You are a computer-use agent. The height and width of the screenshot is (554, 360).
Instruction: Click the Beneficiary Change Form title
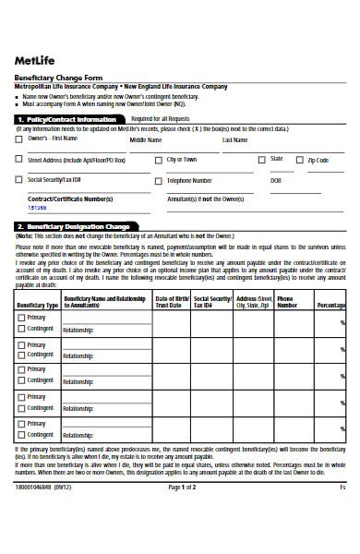[54, 78]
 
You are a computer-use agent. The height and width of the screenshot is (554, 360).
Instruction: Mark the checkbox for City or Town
[158, 160]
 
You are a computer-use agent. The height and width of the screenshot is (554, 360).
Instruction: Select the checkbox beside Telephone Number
[158, 180]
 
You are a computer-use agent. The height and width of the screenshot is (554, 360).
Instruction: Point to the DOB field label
[276, 180]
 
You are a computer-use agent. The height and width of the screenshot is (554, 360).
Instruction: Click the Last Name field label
[234, 140]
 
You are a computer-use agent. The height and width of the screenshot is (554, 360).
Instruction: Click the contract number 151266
[37, 209]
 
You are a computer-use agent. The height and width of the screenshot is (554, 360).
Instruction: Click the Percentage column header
[330, 304]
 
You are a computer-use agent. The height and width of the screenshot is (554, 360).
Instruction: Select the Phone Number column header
[287, 301]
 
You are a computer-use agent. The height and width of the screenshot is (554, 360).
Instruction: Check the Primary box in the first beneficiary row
[22, 318]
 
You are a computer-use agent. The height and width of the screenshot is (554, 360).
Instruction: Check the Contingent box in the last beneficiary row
[22, 432]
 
